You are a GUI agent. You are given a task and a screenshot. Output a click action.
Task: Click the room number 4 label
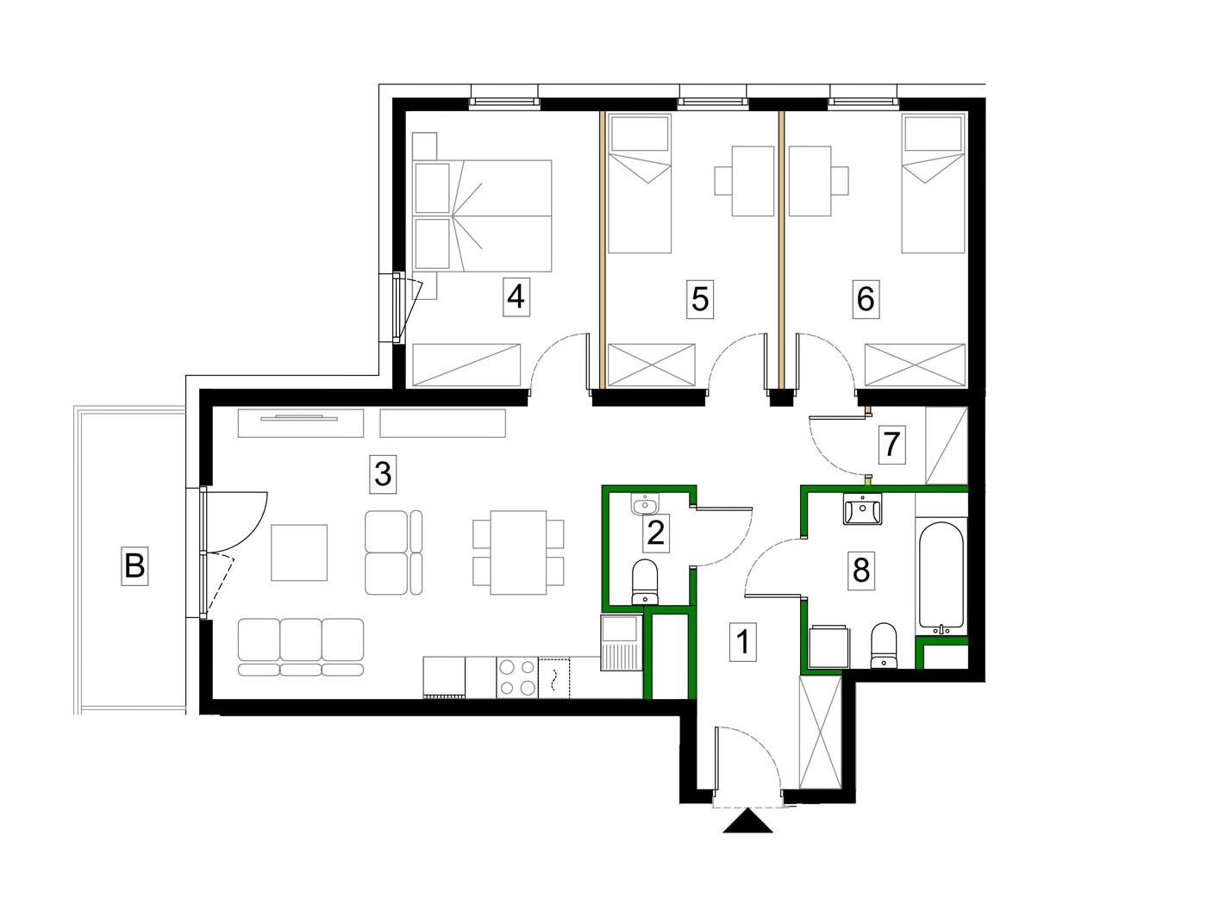pyautogui.click(x=516, y=296)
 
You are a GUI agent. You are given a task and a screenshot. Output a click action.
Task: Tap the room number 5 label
pyautogui.click(x=700, y=299)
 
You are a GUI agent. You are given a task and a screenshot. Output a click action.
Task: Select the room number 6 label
pyautogui.click(x=866, y=299)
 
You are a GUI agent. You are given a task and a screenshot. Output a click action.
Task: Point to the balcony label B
pyautogui.click(x=134, y=565)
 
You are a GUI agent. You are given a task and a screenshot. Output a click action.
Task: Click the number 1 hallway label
pyautogui.click(x=743, y=642)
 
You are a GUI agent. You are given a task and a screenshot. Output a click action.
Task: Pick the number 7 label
pyautogui.click(x=891, y=445)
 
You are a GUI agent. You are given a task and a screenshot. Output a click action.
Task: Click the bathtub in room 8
pyautogui.click(x=941, y=575)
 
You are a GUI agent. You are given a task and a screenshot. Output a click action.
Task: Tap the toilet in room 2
pyautogui.click(x=645, y=583)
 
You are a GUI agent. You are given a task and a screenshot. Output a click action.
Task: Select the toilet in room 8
pyautogui.click(x=884, y=646)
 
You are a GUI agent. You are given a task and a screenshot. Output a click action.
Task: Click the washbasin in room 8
pyautogui.click(x=862, y=509)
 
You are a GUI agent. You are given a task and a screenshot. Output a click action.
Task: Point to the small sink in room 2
pyautogui.click(x=645, y=504)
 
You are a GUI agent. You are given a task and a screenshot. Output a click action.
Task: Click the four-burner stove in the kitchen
pyautogui.click(x=517, y=678)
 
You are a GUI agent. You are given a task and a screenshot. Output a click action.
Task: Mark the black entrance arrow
pyautogui.click(x=747, y=821)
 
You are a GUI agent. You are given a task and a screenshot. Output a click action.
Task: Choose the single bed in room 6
pyautogui.click(x=933, y=183)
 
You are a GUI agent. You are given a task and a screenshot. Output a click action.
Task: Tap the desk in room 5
pyautogui.click(x=753, y=181)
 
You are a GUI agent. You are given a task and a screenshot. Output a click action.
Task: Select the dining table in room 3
pyautogui.click(x=518, y=552)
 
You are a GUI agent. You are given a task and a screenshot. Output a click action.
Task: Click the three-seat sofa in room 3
pyautogui.click(x=301, y=646)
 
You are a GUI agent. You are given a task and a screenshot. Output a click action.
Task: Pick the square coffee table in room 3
pyautogui.click(x=299, y=552)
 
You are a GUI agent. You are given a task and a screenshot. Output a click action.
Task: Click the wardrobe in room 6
pyautogui.click(x=915, y=365)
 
